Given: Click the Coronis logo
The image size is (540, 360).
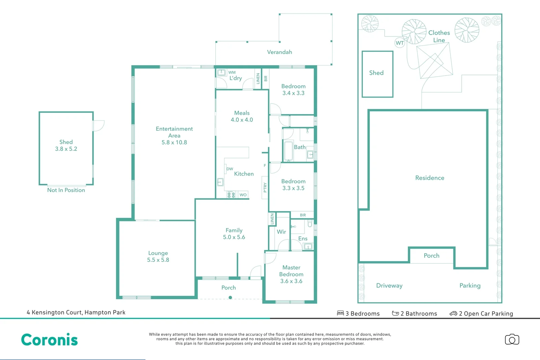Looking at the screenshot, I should tap(49, 340).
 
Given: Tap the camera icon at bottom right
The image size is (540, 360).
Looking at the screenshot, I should tap(512, 339).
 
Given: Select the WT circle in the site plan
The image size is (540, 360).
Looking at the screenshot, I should tap(400, 43).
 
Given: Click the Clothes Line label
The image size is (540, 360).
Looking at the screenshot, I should tap(439, 36).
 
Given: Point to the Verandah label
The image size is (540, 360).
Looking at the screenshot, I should tap(279, 52).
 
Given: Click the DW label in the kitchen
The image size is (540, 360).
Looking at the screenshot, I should tap(230, 169).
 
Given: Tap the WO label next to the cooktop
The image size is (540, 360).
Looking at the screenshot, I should tap(243, 195).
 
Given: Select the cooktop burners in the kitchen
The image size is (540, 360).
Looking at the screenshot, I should tap(231, 195).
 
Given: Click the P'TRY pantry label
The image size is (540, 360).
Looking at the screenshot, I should tap(265, 188).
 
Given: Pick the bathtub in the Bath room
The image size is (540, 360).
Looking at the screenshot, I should tap(288, 151).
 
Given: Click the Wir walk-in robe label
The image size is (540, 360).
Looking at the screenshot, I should tap(281, 232).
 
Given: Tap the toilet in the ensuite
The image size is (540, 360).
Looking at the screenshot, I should tap(309, 223).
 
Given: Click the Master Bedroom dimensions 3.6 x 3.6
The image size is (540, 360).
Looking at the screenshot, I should tap(291, 281).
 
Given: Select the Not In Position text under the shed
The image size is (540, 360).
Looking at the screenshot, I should tap(66, 190).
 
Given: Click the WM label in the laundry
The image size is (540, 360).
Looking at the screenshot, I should tap(232, 72).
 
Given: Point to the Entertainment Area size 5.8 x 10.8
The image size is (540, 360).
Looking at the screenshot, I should tap(174, 142).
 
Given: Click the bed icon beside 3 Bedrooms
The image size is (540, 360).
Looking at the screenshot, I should tap(340, 313).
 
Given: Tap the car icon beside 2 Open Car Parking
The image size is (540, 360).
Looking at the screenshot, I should tap(453, 313).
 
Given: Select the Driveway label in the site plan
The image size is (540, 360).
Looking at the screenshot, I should tap(389, 285).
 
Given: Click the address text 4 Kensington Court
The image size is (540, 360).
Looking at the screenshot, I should tap(76, 312).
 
